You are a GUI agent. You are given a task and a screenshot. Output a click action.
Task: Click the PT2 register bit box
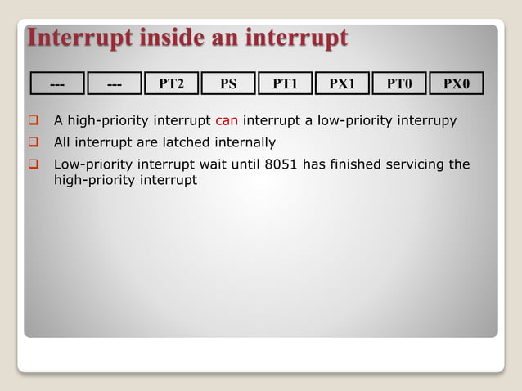[x=171, y=83]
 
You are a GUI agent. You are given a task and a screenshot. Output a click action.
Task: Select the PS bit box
[x=228, y=83]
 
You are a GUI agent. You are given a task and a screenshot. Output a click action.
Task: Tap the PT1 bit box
[x=286, y=83]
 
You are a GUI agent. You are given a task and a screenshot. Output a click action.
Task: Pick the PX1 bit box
[x=342, y=83]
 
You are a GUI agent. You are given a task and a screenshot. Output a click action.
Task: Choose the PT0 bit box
[x=399, y=83]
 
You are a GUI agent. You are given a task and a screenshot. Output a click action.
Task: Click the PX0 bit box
[x=456, y=83]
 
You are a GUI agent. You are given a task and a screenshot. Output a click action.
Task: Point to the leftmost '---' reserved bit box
[x=57, y=83]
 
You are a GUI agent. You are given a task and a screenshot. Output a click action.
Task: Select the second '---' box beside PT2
[x=115, y=83]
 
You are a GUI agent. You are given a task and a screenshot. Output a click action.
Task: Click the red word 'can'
[x=227, y=122]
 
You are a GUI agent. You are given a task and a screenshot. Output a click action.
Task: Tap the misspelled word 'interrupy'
[x=427, y=122]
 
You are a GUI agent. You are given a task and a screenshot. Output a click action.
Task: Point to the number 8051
[x=282, y=164]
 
